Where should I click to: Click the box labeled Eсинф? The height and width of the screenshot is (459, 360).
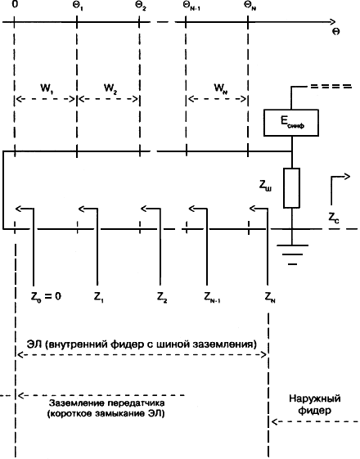[291, 123]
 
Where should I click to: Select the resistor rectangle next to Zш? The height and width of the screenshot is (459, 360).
[291, 188]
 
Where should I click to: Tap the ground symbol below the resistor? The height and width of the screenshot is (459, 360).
[292, 254]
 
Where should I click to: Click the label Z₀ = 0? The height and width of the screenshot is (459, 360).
[46, 296]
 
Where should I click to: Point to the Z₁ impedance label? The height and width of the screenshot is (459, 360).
[99, 297]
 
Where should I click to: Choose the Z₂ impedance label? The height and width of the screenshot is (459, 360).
[162, 297]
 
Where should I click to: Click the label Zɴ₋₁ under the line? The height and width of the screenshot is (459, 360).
[212, 297]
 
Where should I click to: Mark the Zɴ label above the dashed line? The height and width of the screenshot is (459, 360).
[270, 297]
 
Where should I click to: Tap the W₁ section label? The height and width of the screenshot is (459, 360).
[47, 88]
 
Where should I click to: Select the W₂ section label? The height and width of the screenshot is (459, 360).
[110, 88]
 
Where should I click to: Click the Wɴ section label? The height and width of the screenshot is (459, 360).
[221, 88]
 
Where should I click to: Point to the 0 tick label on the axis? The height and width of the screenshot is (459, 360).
[15, 5]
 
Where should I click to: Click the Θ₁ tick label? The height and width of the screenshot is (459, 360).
[78, 6]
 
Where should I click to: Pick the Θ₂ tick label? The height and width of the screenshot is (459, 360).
[141, 6]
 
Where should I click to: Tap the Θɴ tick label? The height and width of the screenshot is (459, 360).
[250, 6]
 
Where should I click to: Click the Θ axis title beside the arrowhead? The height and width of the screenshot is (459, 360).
[336, 31]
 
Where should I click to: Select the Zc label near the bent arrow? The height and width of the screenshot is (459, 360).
[333, 218]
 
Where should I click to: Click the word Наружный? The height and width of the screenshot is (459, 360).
[315, 399]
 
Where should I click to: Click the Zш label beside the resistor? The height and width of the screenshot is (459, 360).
[265, 187]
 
